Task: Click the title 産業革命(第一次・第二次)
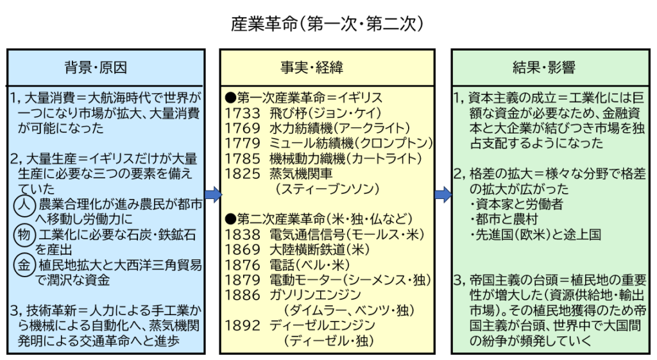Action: (327, 24)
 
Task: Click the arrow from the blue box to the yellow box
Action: (213, 194)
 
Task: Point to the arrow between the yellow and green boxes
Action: (443, 194)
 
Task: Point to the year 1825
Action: (243, 173)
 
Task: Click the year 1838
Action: (243, 234)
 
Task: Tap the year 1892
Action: (243, 325)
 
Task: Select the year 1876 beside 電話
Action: (243, 264)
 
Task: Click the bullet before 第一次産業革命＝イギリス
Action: (230, 98)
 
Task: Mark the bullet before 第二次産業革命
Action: (230, 219)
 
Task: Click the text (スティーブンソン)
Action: (325, 189)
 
